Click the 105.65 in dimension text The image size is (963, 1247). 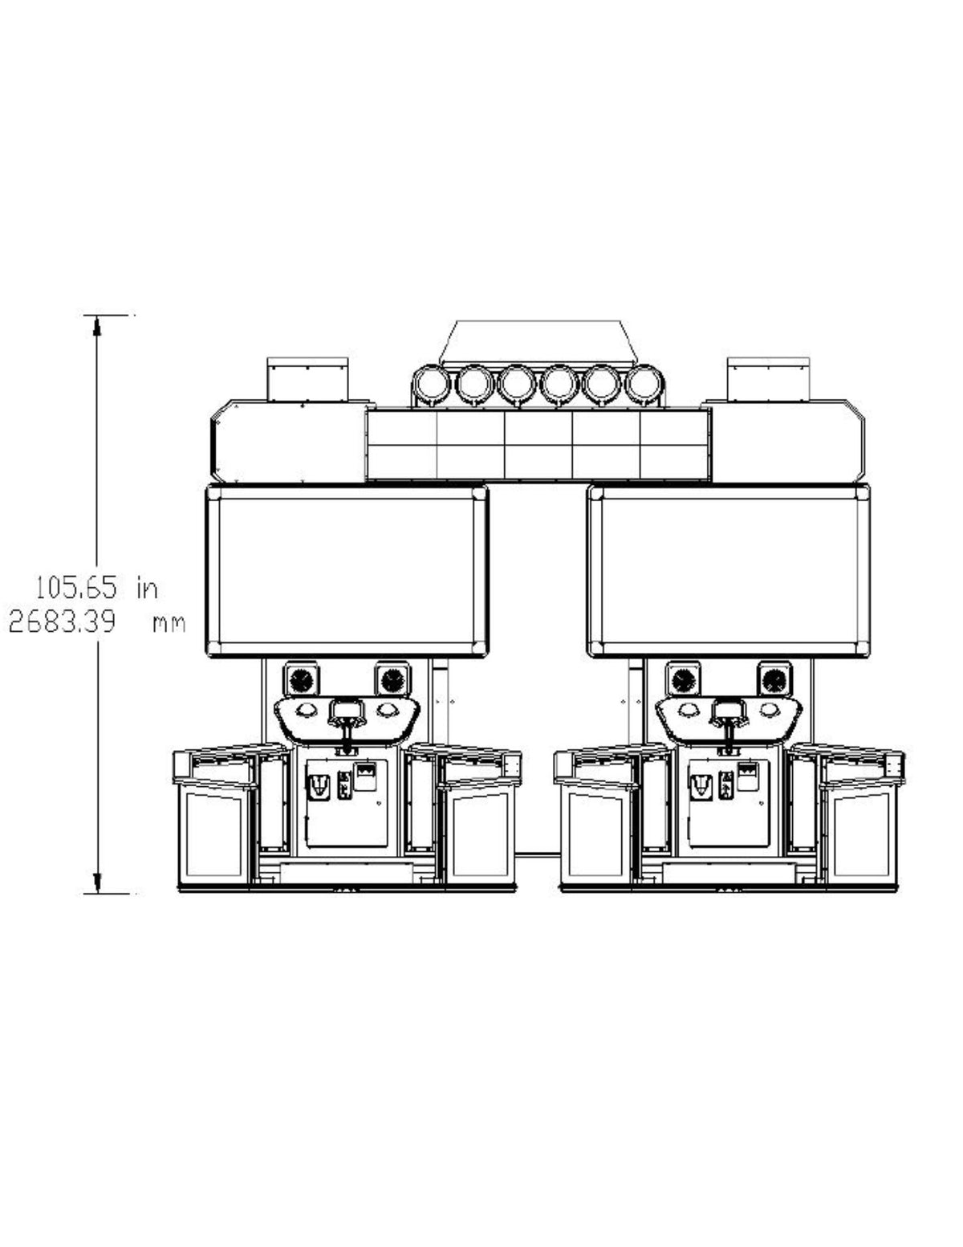pos(95,588)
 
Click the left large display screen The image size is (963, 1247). pos(347,570)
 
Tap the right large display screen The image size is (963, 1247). pos(729,570)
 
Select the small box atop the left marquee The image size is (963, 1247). pos(307,379)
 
